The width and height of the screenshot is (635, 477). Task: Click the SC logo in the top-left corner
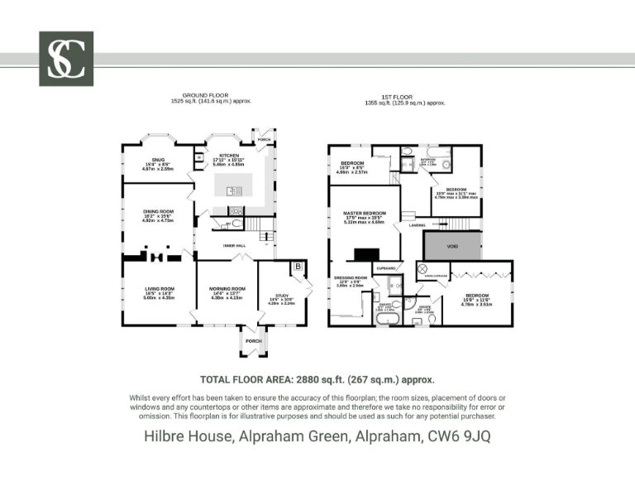tap(66, 59)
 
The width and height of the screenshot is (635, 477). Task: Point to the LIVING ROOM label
tap(160, 289)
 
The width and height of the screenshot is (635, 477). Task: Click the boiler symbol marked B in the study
tap(297, 267)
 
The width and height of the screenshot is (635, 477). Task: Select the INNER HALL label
tap(236, 245)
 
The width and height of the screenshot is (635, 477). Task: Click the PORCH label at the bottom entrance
tap(253, 341)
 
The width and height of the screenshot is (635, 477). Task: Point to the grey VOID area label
tap(451, 245)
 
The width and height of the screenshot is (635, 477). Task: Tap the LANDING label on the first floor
tap(417, 224)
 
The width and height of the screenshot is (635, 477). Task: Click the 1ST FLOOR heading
tap(404, 96)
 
